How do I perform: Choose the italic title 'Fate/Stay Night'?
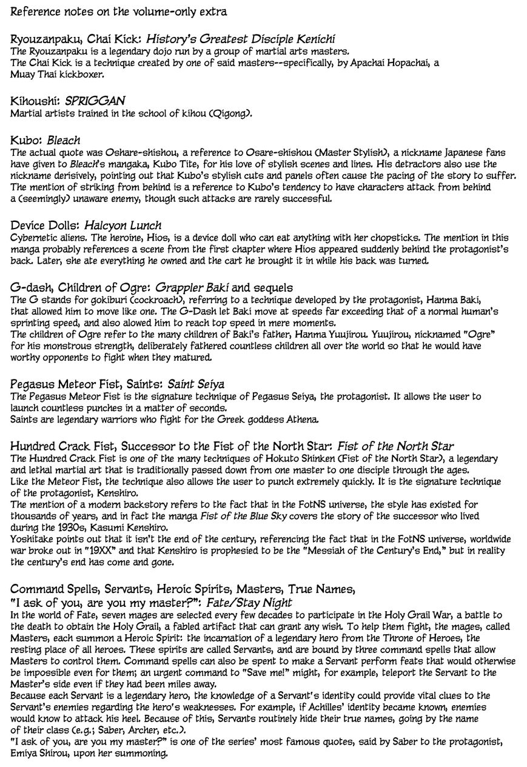pyautogui.click(x=249, y=602)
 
